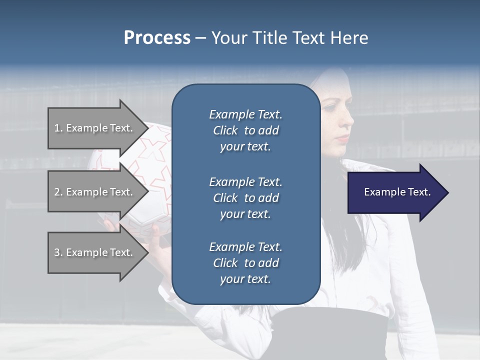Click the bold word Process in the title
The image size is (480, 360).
157,38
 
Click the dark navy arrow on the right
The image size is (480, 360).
395,192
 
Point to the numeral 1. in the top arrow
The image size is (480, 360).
58,128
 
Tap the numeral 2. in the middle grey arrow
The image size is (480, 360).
58,192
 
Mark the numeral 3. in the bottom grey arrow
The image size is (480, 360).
58,252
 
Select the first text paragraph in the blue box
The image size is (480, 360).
245,130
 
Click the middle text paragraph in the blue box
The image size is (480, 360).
245,198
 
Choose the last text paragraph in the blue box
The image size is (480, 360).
245,263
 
